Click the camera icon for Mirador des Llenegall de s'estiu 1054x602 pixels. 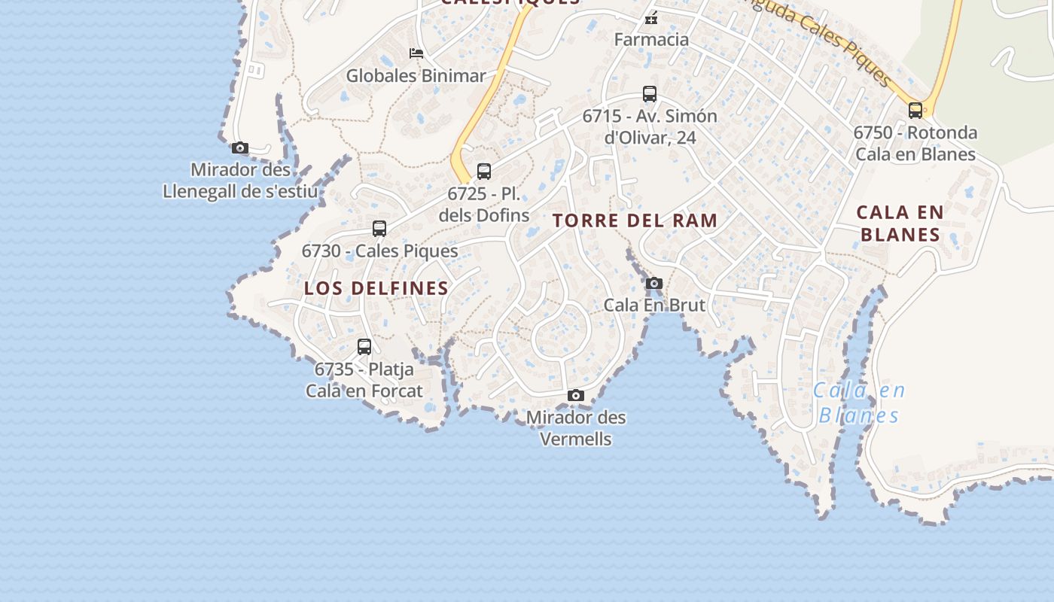[x=240, y=147]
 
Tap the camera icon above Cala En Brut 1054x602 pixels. [x=654, y=284]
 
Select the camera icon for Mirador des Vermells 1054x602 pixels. [x=576, y=396]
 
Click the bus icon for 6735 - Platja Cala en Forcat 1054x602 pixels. [x=364, y=347]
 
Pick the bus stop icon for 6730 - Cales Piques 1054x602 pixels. [x=379, y=229]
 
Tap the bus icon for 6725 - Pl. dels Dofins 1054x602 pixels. [x=484, y=172]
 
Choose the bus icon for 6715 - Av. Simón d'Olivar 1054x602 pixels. [x=650, y=94]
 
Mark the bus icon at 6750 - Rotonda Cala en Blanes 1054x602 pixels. [x=915, y=111]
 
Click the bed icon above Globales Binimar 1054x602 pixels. [x=416, y=53]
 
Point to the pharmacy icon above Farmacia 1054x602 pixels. [x=651, y=18]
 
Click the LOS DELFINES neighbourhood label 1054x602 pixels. [x=376, y=288]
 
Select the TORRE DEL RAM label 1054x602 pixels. [x=635, y=220]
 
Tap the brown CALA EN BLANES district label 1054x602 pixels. [x=900, y=223]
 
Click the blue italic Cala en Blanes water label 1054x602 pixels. [x=859, y=403]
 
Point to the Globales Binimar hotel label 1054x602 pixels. [x=416, y=76]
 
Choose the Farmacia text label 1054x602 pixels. [x=651, y=39]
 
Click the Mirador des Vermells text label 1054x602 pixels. [x=576, y=428]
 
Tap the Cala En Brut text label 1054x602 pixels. [x=654, y=306]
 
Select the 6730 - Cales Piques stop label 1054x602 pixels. [x=379, y=251]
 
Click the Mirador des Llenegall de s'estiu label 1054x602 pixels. [x=240, y=181]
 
